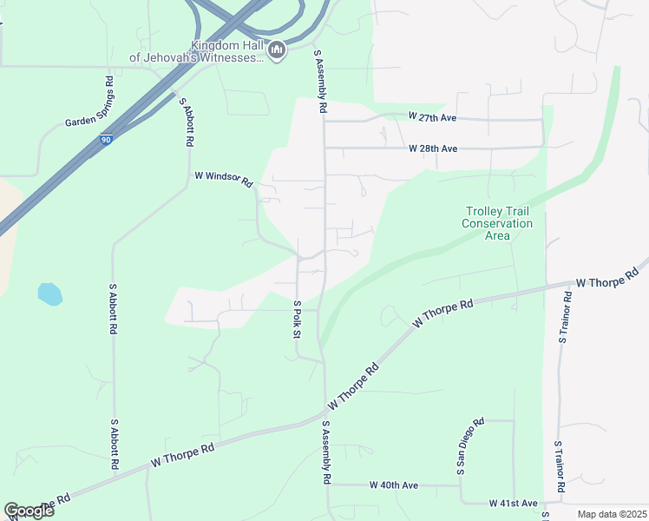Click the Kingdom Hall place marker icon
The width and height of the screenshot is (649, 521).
coord(277,50)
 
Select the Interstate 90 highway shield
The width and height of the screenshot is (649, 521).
coord(104,139)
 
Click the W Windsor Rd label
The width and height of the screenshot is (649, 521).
coord(223,178)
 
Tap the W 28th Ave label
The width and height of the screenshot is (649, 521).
coord(433,148)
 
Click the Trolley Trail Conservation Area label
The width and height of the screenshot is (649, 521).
coord(497,223)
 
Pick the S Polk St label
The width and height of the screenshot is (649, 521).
coord(297,320)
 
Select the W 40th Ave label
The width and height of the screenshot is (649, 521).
coord(394,485)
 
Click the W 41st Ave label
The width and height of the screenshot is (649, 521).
coord(513,503)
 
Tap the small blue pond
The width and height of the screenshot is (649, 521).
coord(50,293)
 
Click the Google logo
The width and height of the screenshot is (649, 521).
coord(29,510)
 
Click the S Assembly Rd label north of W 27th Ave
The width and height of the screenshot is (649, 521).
coord(321,82)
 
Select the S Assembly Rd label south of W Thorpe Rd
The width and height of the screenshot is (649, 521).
coord(326,453)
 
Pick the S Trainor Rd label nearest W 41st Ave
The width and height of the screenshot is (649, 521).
coord(560,466)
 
